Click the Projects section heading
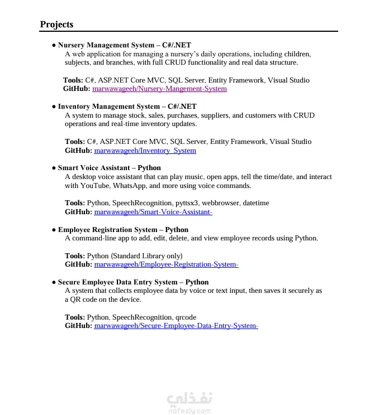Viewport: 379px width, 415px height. [x=56, y=25]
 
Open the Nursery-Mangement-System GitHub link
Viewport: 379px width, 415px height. [x=159, y=89]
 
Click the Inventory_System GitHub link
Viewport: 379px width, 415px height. [x=145, y=151]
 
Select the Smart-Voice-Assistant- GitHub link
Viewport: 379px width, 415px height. [x=153, y=212]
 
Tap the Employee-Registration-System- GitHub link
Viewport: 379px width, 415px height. [x=166, y=264]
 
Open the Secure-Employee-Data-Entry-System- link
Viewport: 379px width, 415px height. [x=176, y=326]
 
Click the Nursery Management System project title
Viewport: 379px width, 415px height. [x=124, y=45]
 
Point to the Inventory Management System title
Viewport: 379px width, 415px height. [x=127, y=107]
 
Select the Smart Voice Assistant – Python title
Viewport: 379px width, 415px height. [x=109, y=168]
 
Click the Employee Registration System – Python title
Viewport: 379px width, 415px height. [x=123, y=230]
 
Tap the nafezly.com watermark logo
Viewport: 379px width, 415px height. [x=189, y=403]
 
